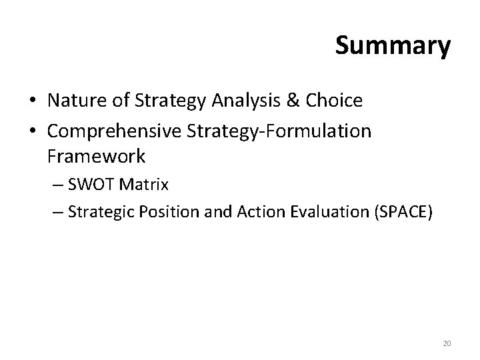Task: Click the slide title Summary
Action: point(393,47)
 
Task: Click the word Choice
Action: point(337,101)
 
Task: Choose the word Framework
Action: point(96,157)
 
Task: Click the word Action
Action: point(241,213)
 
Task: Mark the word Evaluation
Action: point(309,213)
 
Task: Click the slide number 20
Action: point(447,344)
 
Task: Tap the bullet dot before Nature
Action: point(32,102)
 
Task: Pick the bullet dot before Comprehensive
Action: point(32,131)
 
